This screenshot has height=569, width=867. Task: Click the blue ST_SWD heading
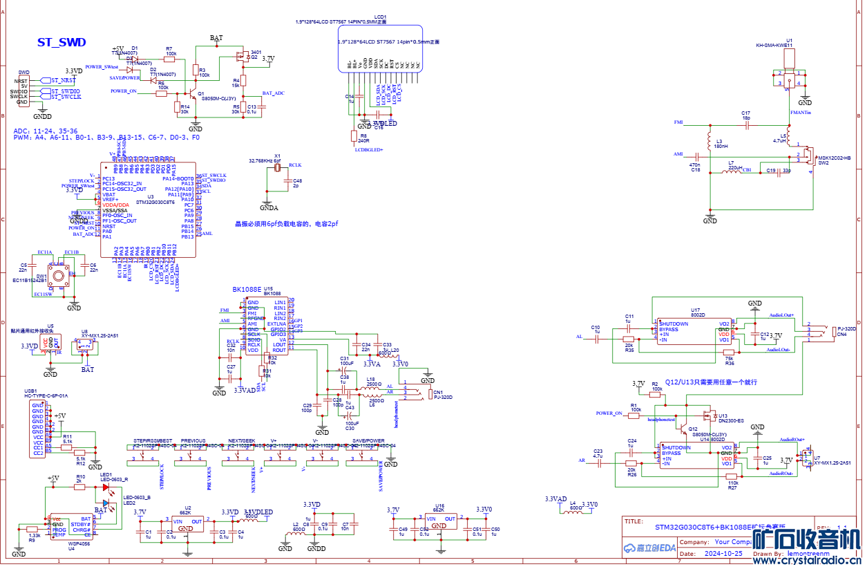point(61,43)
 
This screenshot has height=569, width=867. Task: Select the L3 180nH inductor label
point(721,144)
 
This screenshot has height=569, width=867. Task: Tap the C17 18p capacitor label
point(746,115)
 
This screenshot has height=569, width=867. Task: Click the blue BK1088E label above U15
point(247,290)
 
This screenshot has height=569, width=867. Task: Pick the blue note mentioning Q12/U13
point(711,382)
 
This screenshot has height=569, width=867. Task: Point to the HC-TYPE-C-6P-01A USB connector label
point(46,395)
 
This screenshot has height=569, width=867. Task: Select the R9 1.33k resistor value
point(35,535)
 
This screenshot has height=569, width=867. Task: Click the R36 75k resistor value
point(730,359)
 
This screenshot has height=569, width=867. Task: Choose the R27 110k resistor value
point(733,483)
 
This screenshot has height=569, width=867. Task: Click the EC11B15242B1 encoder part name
point(30,281)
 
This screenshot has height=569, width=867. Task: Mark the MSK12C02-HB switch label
point(834,158)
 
